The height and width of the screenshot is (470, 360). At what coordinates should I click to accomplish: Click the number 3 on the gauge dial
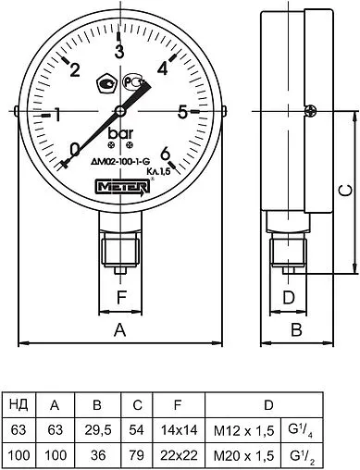click(118, 52)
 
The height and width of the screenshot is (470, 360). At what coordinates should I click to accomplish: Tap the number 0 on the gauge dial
click(75, 149)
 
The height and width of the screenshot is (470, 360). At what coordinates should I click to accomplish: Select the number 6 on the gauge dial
click(165, 154)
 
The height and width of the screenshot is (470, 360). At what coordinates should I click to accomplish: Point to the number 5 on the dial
click(183, 112)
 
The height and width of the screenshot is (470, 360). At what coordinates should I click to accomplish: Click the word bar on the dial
click(120, 135)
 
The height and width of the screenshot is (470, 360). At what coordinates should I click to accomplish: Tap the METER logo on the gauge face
click(118, 186)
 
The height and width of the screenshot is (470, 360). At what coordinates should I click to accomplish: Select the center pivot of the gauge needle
click(119, 112)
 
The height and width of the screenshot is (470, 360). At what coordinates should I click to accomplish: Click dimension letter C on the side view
click(342, 192)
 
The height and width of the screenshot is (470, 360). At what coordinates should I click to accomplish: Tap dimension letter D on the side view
click(288, 298)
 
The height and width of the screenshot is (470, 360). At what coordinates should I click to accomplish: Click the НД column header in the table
click(17, 404)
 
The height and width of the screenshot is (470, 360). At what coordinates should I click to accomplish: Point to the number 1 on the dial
click(56, 115)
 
